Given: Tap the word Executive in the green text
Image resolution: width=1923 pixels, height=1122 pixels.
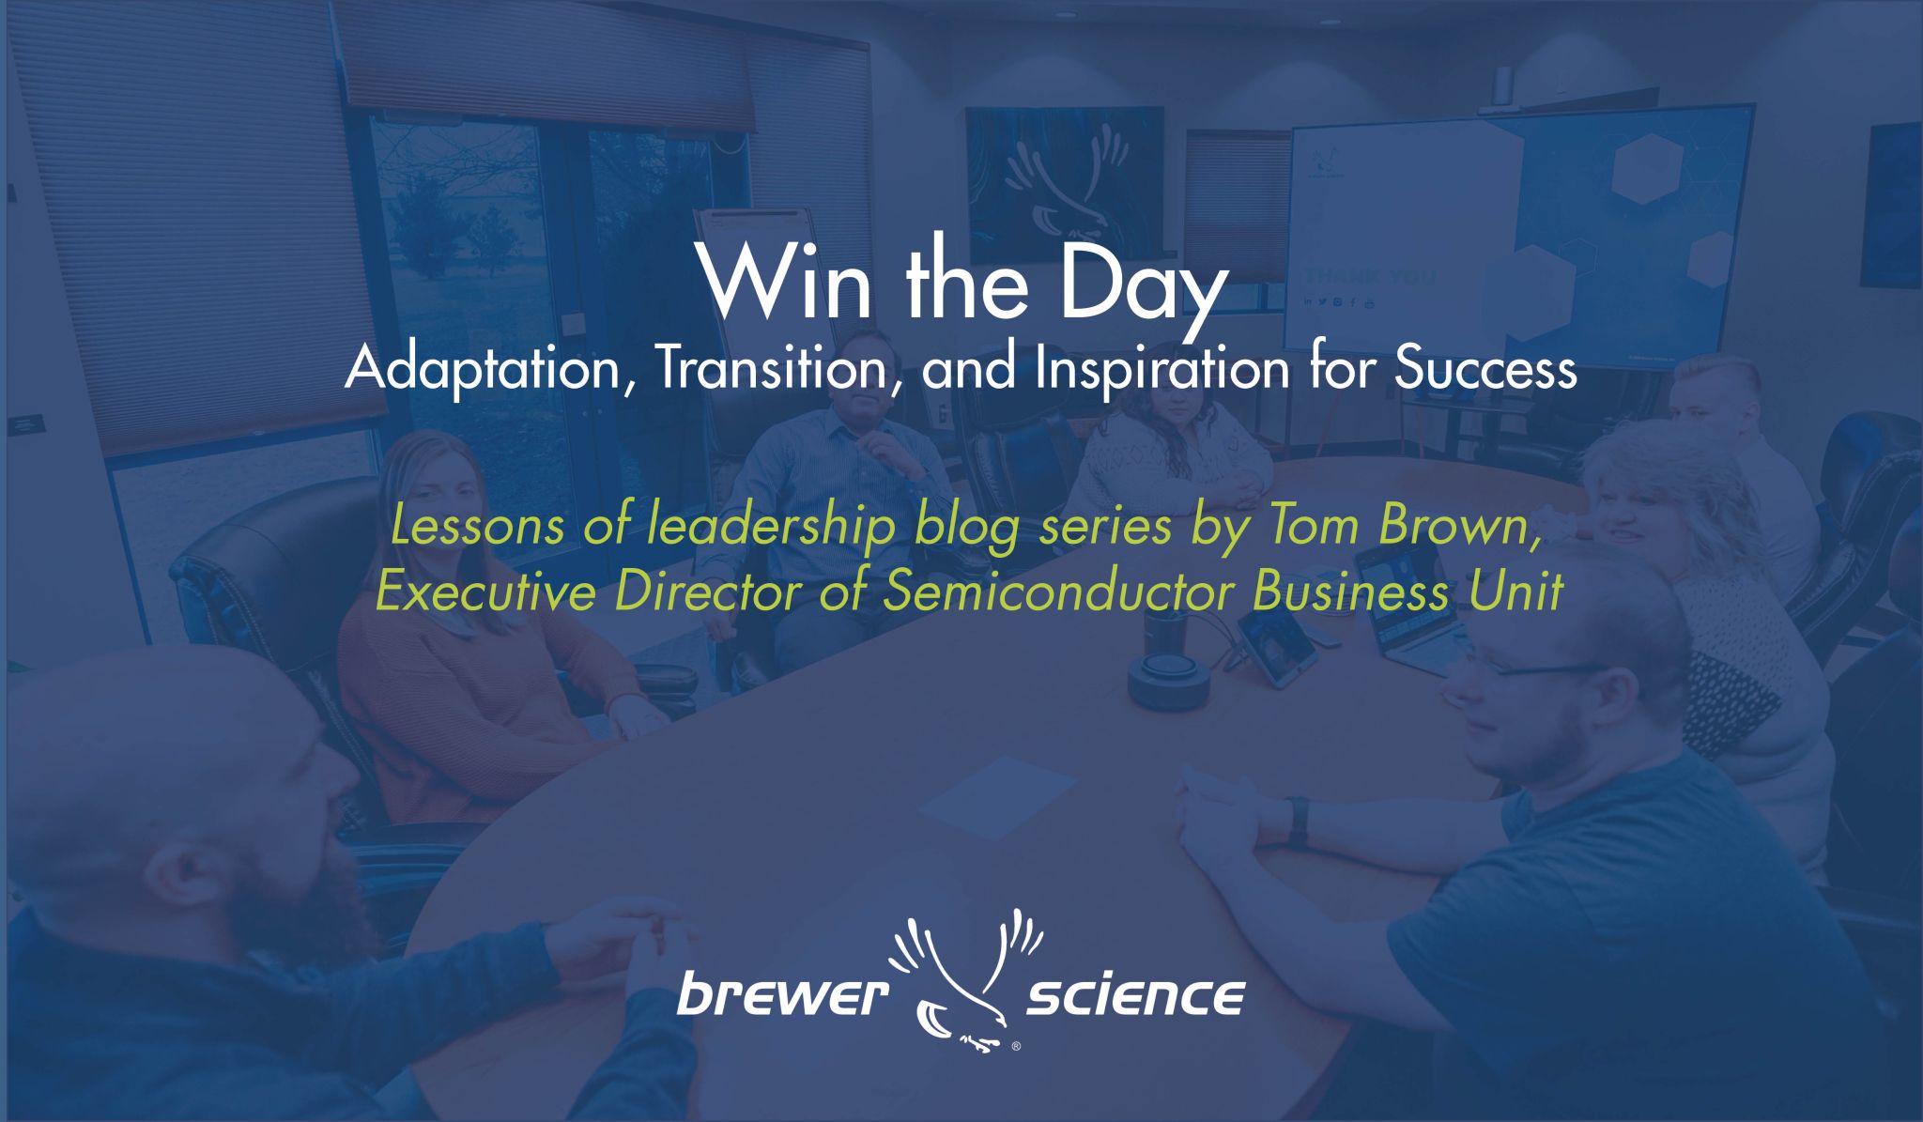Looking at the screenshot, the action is pos(485,592).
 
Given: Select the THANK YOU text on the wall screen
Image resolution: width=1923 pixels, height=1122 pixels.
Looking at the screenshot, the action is pos(1371,277).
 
